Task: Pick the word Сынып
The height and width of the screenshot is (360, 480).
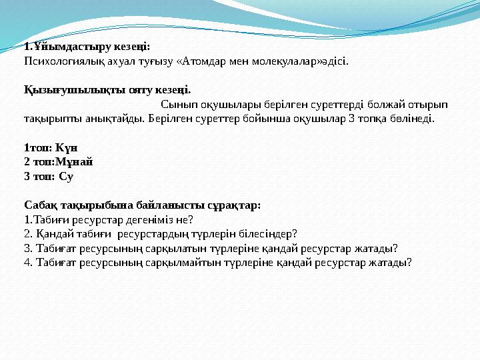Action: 177,105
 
